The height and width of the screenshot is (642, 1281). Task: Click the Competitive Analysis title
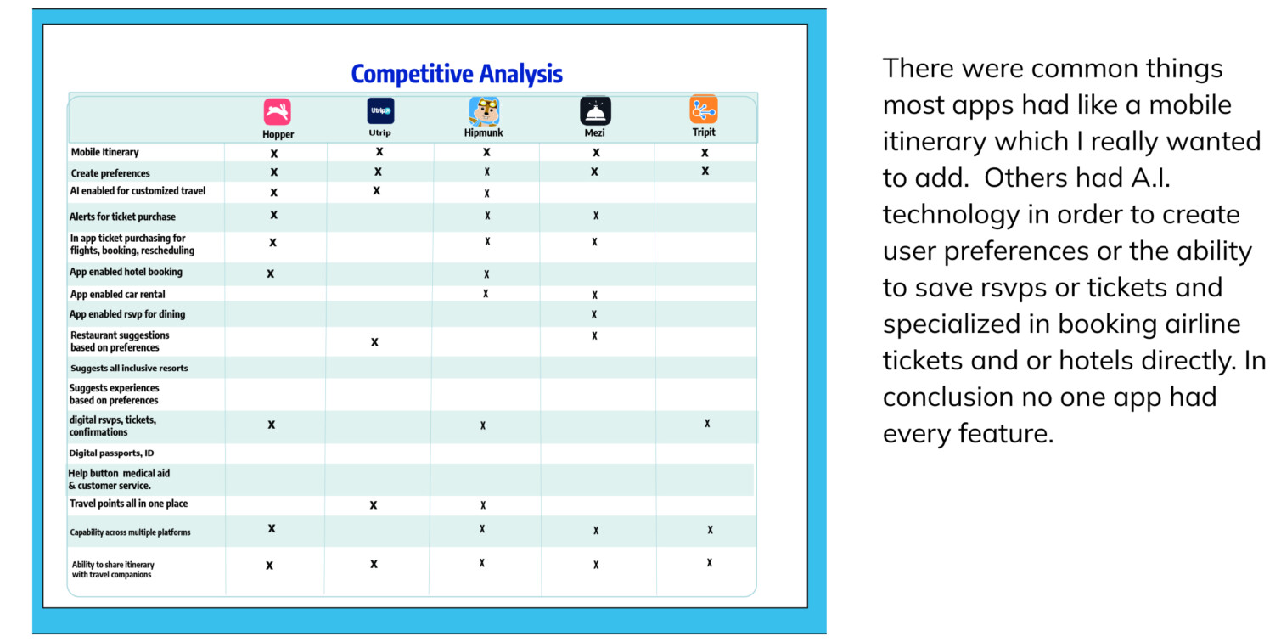(x=457, y=75)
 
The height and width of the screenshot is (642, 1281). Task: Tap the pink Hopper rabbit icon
(x=278, y=111)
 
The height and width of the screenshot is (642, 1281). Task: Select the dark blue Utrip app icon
(x=380, y=110)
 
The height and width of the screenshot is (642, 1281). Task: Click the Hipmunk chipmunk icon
(x=484, y=110)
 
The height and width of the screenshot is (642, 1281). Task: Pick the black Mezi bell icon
(x=595, y=110)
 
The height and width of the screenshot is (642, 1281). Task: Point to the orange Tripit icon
(x=704, y=110)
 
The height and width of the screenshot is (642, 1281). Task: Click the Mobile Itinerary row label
(x=104, y=152)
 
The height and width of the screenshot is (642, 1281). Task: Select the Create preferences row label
(x=110, y=172)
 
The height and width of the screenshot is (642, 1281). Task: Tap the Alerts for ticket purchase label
(x=122, y=217)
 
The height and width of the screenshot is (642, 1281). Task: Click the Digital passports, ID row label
(x=111, y=453)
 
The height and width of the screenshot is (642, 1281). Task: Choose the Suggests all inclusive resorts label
(x=129, y=368)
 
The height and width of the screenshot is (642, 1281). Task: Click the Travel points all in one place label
(x=129, y=504)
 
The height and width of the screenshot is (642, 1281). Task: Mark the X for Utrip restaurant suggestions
(x=374, y=342)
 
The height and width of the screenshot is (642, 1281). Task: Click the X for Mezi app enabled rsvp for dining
(x=594, y=314)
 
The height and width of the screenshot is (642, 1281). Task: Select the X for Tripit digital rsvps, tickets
(x=707, y=424)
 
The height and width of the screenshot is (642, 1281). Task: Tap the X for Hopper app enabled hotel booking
(x=271, y=273)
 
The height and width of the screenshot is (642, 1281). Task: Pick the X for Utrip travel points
(x=374, y=504)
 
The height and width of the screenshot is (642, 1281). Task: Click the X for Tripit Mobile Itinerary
(x=705, y=153)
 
